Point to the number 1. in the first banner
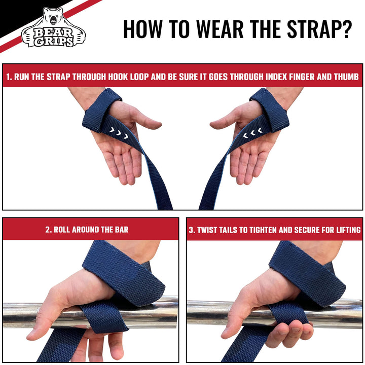(x=9, y=78)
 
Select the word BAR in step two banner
(x=120, y=230)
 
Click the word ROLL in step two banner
(x=63, y=230)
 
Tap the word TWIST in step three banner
(x=208, y=230)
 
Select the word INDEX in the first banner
(x=272, y=78)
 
